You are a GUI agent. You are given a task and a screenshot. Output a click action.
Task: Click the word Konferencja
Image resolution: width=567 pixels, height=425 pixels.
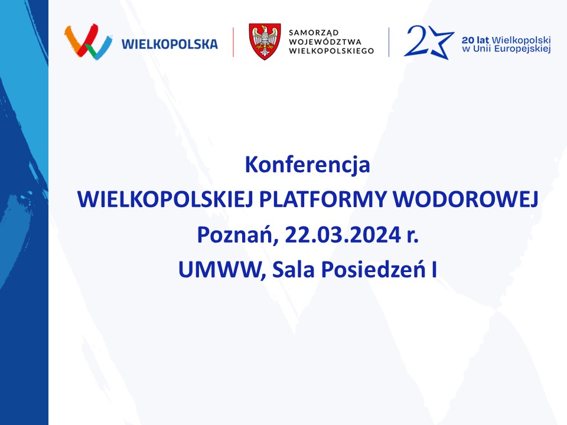pos(307,165)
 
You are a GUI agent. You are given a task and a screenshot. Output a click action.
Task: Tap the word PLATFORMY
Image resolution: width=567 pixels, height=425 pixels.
pos(323,199)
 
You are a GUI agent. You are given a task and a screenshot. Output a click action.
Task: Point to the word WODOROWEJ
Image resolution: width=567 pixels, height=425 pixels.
pos(466,199)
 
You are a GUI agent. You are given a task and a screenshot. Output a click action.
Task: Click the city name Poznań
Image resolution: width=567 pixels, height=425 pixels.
pos(237,235)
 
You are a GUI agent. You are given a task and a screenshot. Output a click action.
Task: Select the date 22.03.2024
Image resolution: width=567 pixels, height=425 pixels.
pos(343,234)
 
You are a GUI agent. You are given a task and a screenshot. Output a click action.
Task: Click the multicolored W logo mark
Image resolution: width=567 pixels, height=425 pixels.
pos(88,41)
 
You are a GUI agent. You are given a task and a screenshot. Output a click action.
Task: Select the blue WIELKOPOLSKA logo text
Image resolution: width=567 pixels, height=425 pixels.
pos(170,44)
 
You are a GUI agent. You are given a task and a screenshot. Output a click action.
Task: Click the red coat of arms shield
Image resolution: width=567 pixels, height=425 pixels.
pos(265,41)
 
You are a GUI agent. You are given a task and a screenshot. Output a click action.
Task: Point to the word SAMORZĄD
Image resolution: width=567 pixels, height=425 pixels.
pos(314,33)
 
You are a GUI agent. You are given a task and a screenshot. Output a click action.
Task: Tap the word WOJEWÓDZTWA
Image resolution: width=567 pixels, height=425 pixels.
pos(325,41)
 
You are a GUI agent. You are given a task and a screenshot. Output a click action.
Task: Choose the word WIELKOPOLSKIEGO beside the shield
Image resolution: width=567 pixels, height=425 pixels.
pos(331,51)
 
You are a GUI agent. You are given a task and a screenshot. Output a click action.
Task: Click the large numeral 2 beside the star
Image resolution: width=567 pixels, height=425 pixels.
pos(416,41)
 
